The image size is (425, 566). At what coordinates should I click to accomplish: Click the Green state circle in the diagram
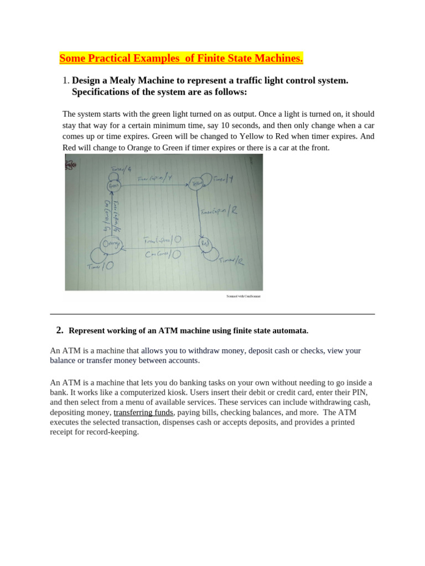pos(113,186)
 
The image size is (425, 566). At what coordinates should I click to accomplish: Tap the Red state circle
pos(205,243)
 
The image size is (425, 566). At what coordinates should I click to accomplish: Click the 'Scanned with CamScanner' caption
pos(243,296)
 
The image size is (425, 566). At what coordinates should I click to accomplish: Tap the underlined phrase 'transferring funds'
pos(143,412)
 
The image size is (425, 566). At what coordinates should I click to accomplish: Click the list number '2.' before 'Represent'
pos(60,331)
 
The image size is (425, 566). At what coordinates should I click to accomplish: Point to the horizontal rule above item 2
pos(212,314)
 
